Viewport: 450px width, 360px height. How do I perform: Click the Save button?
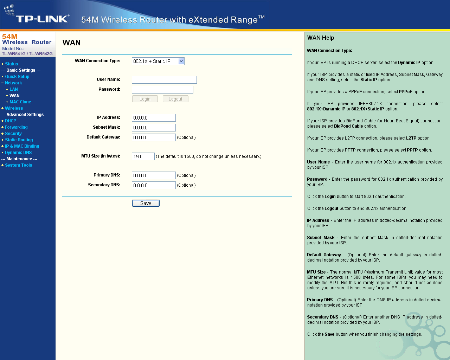coord(146,203)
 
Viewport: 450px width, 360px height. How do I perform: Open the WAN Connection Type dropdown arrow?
coord(181,61)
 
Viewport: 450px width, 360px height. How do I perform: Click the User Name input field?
coord(164,80)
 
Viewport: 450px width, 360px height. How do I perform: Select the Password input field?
coord(162,90)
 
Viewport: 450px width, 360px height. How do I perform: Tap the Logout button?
coord(175,99)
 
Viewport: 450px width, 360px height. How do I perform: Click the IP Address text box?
coord(154,118)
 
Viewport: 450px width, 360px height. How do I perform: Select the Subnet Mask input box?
coord(154,128)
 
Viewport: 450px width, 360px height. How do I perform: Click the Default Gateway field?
coord(154,137)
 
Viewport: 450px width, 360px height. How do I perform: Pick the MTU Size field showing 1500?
coord(143,156)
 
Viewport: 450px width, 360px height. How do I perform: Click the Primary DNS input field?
coord(154,175)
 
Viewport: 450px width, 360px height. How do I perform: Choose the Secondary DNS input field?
coord(154,185)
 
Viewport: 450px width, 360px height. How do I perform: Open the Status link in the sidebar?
coord(12,64)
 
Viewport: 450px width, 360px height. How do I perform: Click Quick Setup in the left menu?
coord(17,77)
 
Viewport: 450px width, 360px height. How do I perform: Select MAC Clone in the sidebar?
coord(20,102)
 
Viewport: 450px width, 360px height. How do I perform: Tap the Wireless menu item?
coord(14,108)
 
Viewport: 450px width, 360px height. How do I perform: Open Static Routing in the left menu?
coord(19,140)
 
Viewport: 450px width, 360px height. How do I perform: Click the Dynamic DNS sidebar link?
coord(18,153)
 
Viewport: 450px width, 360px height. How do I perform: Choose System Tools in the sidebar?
coord(19,165)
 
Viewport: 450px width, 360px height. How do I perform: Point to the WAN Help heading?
coord(321,38)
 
